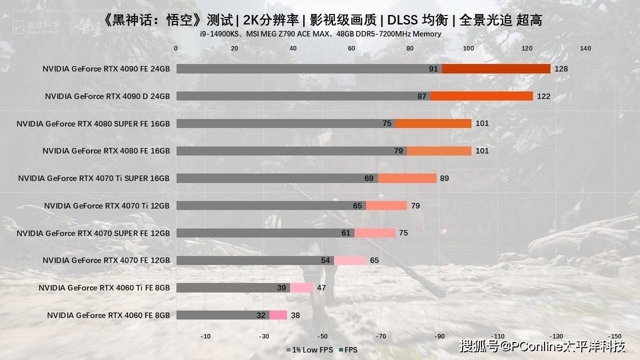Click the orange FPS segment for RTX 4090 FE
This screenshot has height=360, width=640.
(x=496, y=69)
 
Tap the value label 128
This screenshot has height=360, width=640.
(x=561, y=69)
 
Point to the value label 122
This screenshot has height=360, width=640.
(x=543, y=96)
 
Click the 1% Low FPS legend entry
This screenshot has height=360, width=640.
(x=309, y=350)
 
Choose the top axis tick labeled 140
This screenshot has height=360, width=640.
(x=585, y=48)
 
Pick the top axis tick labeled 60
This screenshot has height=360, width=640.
(x=351, y=48)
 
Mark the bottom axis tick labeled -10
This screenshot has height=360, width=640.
(x=205, y=336)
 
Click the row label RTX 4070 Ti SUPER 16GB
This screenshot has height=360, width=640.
(x=93, y=178)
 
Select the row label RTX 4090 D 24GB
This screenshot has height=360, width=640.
(x=107, y=96)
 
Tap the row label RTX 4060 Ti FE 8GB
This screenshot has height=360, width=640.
(x=104, y=287)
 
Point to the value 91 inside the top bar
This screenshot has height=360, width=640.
(x=433, y=69)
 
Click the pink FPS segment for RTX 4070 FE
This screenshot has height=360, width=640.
(x=350, y=260)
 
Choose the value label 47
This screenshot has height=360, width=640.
(x=321, y=287)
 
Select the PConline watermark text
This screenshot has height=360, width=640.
(x=542, y=346)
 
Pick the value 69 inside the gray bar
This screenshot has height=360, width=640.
(x=369, y=178)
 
